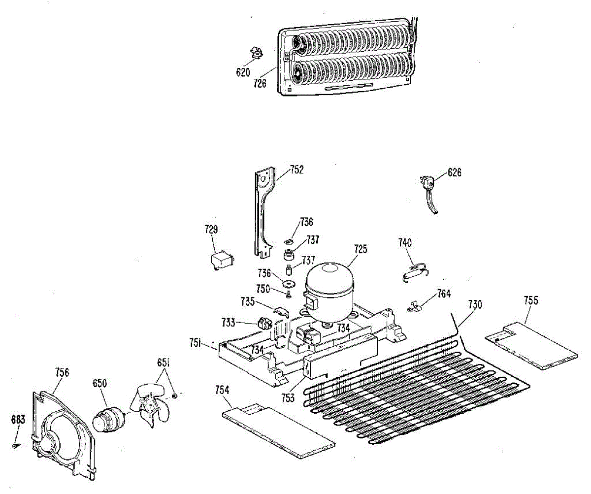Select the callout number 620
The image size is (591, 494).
[x=242, y=72]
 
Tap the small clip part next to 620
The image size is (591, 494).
[x=256, y=52]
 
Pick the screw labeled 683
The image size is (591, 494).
[x=16, y=445]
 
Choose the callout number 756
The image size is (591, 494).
[x=62, y=372]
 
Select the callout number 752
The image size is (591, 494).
[x=297, y=170]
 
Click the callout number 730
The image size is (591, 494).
[x=475, y=304]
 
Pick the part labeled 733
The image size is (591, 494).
[x=265, y=324]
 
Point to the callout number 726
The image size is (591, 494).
[x=260, y=84]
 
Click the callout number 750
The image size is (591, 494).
[x=263, y=289]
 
